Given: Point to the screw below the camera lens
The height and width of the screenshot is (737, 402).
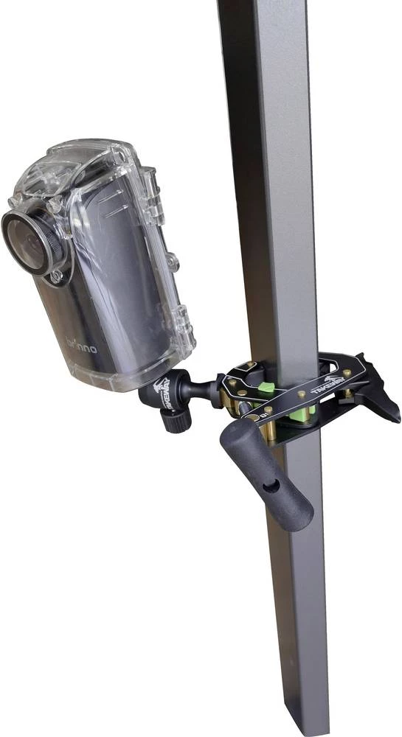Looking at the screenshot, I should [x=56, y=276].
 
